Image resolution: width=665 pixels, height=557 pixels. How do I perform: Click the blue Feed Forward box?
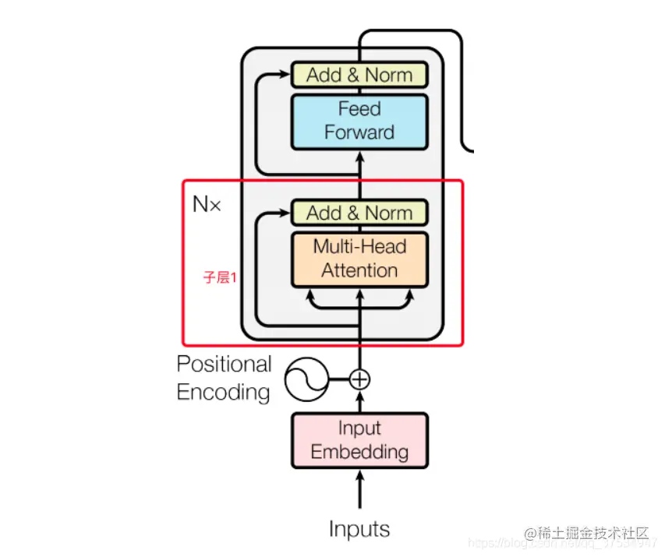[x=359, y=122]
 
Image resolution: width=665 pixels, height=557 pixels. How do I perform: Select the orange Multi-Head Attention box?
[x=359, y=259]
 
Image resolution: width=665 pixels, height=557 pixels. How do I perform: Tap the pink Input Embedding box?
[x=359, y=440]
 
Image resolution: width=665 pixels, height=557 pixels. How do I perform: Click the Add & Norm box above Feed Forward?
[x=359, y=75]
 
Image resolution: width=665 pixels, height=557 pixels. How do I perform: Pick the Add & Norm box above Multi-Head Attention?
[x=359, y=213]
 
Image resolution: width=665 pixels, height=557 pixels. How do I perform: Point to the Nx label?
[x=207, y=205]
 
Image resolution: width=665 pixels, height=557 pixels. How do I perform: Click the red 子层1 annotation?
[x=220, y=277]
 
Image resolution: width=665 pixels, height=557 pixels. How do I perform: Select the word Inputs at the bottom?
[x=359, y=530]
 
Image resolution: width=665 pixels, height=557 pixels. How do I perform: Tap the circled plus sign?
[x=359, y=379]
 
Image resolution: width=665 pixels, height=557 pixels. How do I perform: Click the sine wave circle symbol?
[x=305, y=379]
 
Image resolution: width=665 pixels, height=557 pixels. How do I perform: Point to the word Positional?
[x=224, y=365]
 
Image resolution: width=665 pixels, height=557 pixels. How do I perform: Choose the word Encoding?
[x=224, y=392]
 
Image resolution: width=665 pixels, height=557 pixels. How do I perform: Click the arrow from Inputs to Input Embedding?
[x=359, y=488]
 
